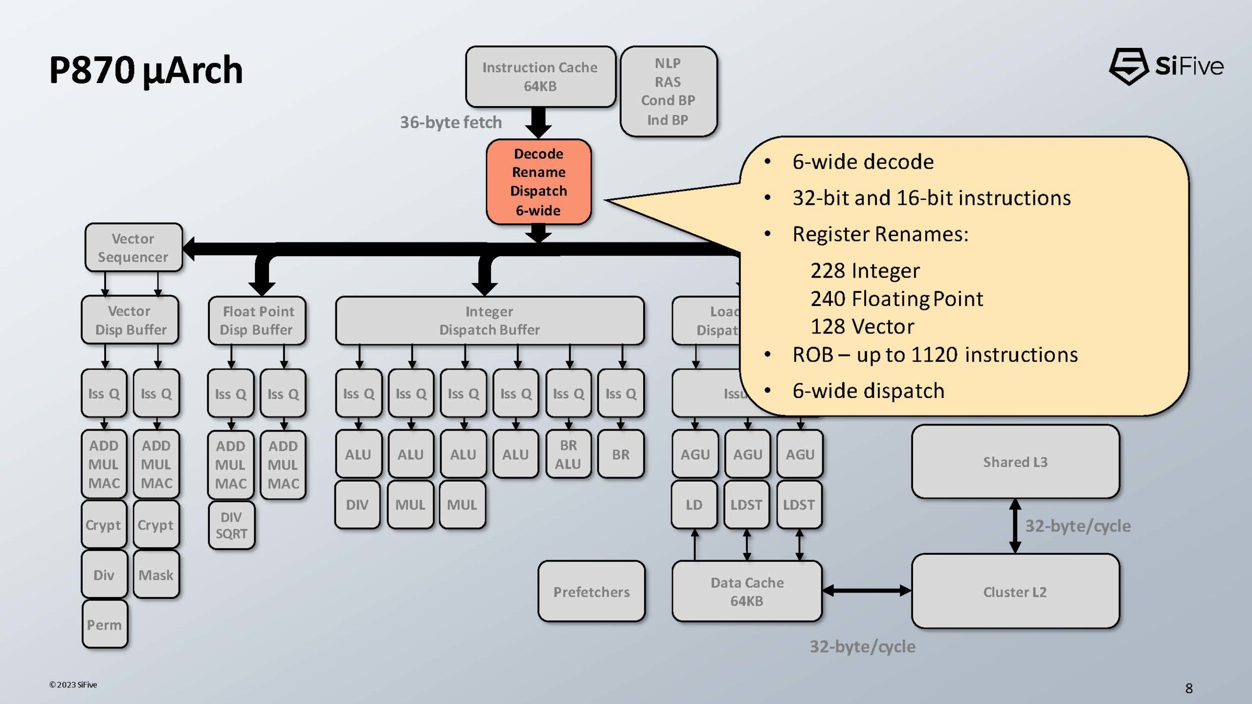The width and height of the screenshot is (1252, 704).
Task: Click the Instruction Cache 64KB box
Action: pyautogui.click(x=540, y=77)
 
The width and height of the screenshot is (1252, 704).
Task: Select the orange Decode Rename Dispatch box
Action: pyautogui.click(x=538, y=182)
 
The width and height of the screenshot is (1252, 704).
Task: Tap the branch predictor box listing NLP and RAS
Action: pyautogui.click(x=668, y=91)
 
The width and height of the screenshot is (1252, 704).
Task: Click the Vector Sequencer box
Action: pyautogui.click(x=133, y=247)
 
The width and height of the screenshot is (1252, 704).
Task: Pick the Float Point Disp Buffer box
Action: pyautogui.click(x=257, y=320)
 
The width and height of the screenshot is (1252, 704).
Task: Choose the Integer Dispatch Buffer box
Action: pyautogui.click(x=490, y=320)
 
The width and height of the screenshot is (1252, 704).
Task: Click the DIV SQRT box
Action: pyautogui.click(x=231, y=526)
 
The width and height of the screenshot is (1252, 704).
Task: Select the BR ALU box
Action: pyautogui.click(x=568, y=454)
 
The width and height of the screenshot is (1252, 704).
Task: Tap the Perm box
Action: pyautogui.click(x=105, y=624)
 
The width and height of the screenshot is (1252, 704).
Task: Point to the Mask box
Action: pyautogui.click(x=156, y=574)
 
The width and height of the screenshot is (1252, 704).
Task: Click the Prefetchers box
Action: pyautogui.click(x=591, y=592)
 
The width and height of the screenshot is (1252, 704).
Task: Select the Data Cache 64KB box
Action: pyautogui.click(x=747, y=592)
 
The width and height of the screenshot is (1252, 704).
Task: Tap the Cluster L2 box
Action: pyautogui.click(x=1015, y=592)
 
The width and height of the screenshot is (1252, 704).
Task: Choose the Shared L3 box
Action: pyautogui.click(x=1015, y=462)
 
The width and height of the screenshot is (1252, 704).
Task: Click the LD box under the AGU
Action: pyautogui.click(x=694, y=505)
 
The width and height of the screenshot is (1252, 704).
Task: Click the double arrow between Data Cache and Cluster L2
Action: pyautogui.click(x=867, y=591)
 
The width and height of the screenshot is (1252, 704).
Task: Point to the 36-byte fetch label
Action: pyautogui.click(x=451, y=122)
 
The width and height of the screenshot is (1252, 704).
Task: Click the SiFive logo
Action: pyautogui.click(x=1166, y=66)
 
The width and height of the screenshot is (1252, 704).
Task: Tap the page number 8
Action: pyautogui.click(x=1189, y=688)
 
